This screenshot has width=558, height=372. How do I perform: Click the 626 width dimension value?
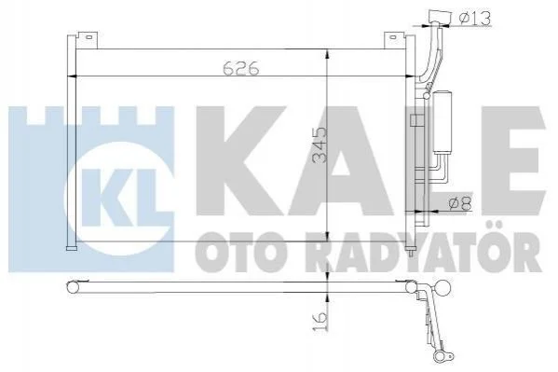241,68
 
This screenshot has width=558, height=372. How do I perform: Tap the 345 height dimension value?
320,145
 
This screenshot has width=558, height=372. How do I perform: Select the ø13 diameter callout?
475,18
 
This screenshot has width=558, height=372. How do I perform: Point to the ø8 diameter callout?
460,204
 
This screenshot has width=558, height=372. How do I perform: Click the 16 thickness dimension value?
320,321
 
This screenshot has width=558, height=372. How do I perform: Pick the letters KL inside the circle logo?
119,198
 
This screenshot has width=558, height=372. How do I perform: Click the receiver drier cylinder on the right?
442,122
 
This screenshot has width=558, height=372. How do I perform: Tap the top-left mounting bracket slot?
89,36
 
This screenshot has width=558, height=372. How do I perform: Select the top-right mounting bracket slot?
392,36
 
